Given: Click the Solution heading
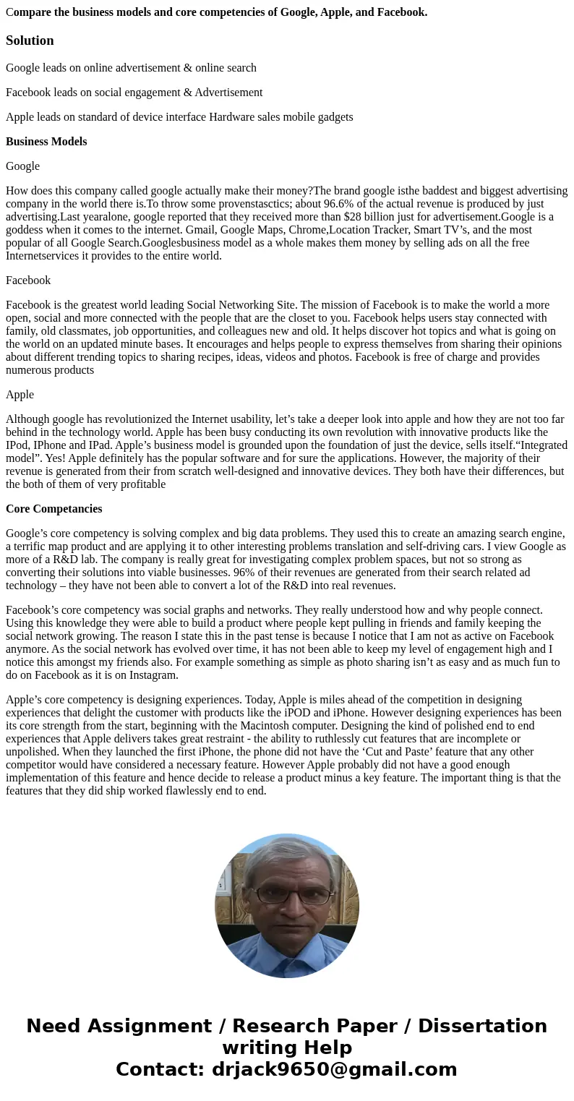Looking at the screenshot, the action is (x=30, y=40).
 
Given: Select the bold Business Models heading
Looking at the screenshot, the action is (x=46, y=142).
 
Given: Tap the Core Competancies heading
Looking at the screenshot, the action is (x=53, y=509).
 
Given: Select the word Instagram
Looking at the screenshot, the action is (x=153, y=675).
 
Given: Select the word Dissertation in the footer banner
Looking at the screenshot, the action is (x=482, y=1027).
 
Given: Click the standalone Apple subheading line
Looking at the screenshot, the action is (x=20, y=395).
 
